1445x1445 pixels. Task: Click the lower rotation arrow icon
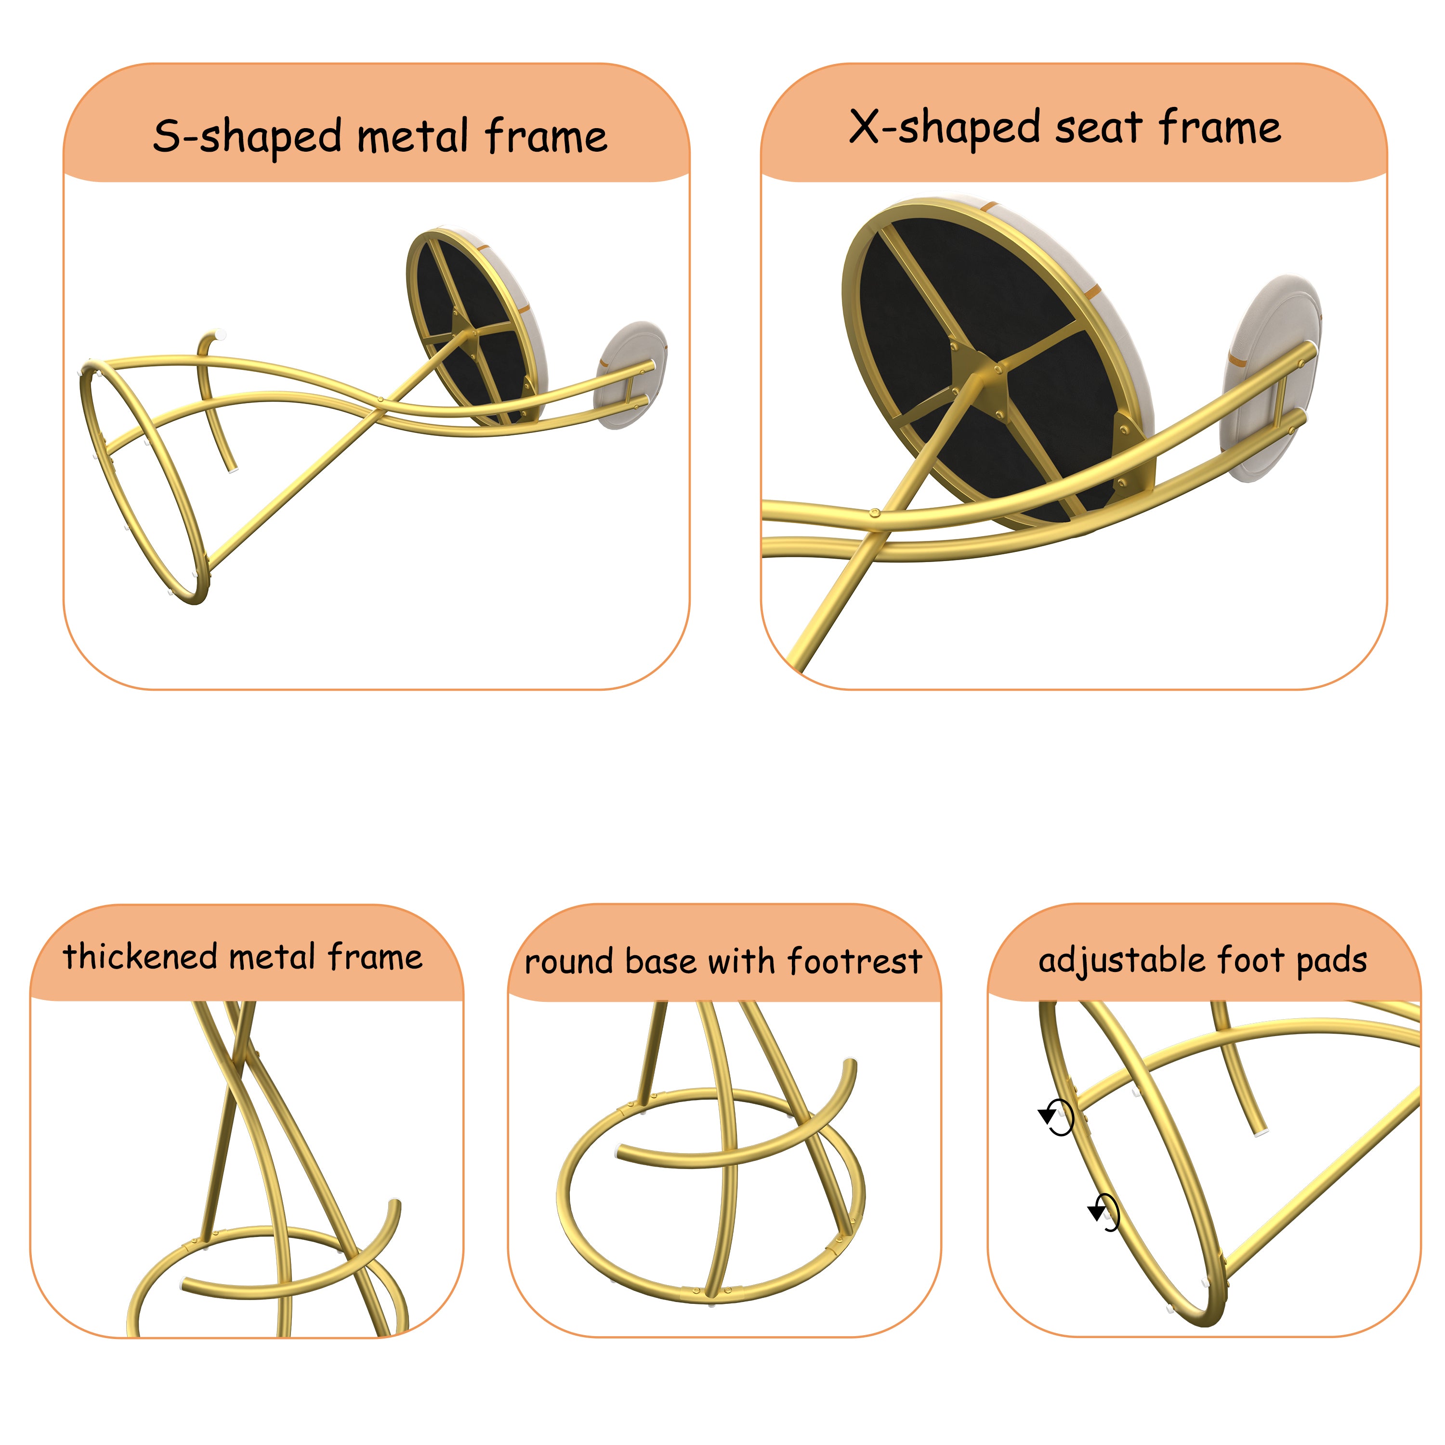[1104, 1212]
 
